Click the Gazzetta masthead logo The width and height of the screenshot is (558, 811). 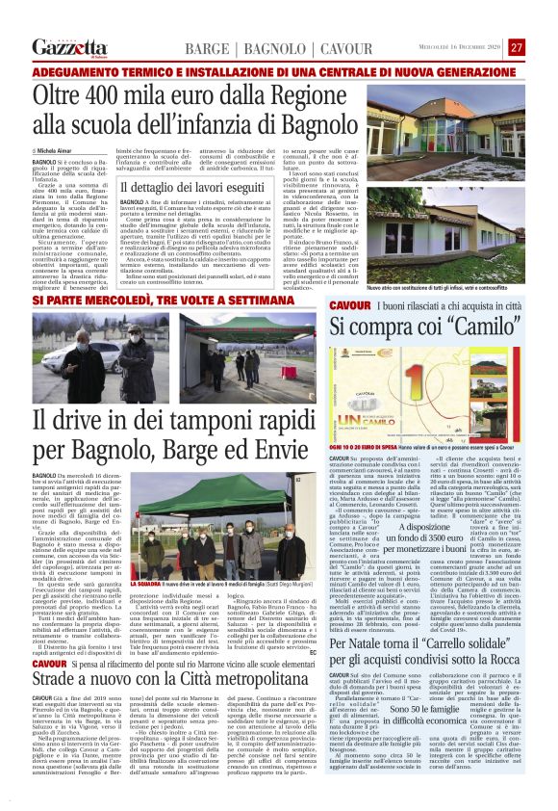67,47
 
